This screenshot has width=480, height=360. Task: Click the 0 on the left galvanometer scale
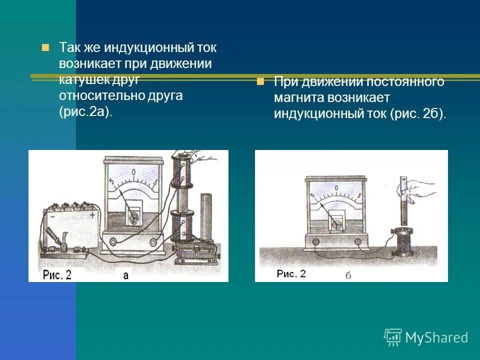click(x=134, y=173)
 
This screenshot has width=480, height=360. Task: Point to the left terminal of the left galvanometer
click(x=113, y=242)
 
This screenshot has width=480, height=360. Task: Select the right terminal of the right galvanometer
click(x=358, y=242)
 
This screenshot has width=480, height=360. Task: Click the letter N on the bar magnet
click(x=402, y=178)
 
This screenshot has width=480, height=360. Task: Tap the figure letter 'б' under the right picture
click(x=348, y=275)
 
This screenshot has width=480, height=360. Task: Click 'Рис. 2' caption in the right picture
click(x=291, y=273)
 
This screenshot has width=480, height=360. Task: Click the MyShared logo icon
click(x=393, y=337)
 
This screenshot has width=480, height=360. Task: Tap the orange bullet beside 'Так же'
click(x=45, y=48)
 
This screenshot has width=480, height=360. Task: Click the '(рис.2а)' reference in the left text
click(x=85, y=111)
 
